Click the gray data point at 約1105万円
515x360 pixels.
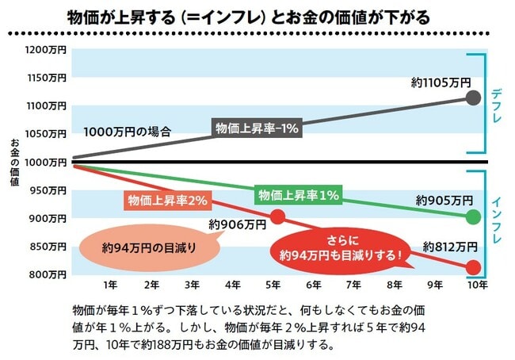coord(473,98)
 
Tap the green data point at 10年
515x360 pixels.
coord(473,216)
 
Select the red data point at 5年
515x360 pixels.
coord(277,216)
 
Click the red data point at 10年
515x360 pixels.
coord(473,267)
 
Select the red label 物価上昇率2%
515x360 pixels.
coord(165,200)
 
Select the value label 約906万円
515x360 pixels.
coord(237,225)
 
